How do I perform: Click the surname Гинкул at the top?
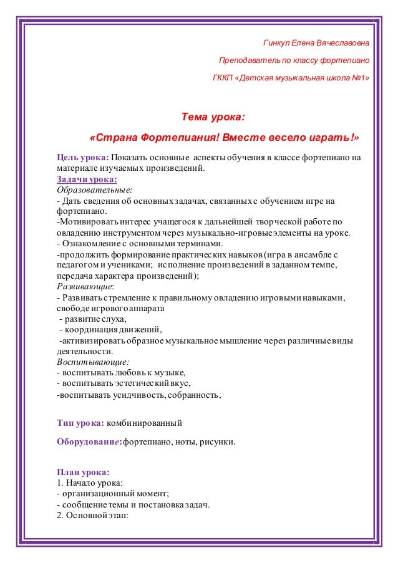[277, 44]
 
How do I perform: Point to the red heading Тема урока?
[213, 117]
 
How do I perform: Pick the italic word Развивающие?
[85, 287]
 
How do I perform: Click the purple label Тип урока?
[80, 424]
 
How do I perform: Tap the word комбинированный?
[145, 424]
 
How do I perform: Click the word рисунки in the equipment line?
[218, 442]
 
